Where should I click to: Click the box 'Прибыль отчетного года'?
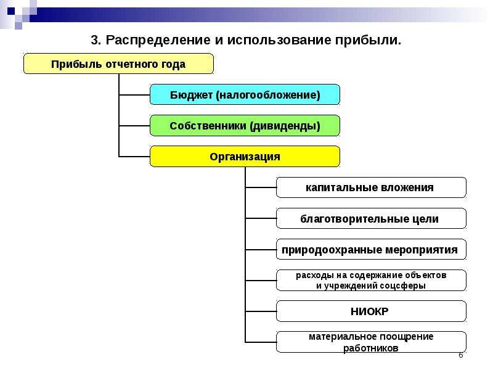click(118, 64)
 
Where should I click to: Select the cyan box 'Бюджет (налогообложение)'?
click(245, 94)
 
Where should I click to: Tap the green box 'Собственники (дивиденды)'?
click(245, 126)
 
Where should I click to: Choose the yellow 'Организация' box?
click(245, 157)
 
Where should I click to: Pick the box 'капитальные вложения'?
click(371, 187)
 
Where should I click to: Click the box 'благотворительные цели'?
click(371, 218)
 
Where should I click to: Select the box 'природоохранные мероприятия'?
click(371, 249)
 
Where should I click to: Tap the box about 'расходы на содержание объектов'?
click(371, 280)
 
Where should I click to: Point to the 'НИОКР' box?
click(371, 311)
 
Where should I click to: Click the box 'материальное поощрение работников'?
click(371, 342)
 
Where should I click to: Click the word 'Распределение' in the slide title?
click(158, 40)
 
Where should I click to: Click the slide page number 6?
click(460, 355)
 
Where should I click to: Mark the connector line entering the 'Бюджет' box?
click(134, 94)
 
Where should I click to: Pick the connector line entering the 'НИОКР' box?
click(261, 311)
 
